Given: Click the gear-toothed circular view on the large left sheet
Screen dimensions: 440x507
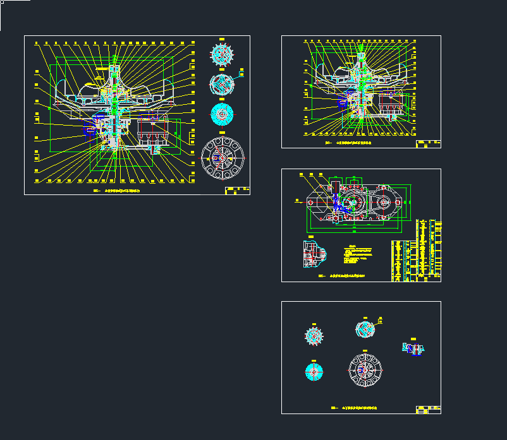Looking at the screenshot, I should click(222, 55).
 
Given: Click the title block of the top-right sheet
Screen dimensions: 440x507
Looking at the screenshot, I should click(428, 143).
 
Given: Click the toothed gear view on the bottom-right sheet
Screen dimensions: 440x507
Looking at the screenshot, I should click(314, 336).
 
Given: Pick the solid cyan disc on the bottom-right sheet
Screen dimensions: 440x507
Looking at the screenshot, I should click(314, 372).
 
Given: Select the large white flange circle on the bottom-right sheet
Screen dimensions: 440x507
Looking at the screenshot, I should click(365, 369).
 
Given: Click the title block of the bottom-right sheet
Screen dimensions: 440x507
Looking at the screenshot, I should click(428, 409).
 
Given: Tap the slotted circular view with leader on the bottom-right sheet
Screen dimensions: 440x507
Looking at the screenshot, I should click(365, 329).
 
